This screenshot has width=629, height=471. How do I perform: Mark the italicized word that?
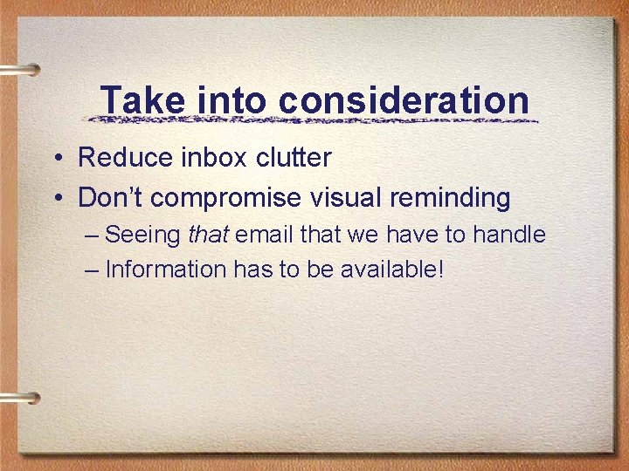pyautogui.click(x=208, y=235)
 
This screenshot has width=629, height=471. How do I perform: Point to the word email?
pyautogui.click(x=265, y=235)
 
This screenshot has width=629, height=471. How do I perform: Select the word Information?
pyautogui.click(x=165, y=270)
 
